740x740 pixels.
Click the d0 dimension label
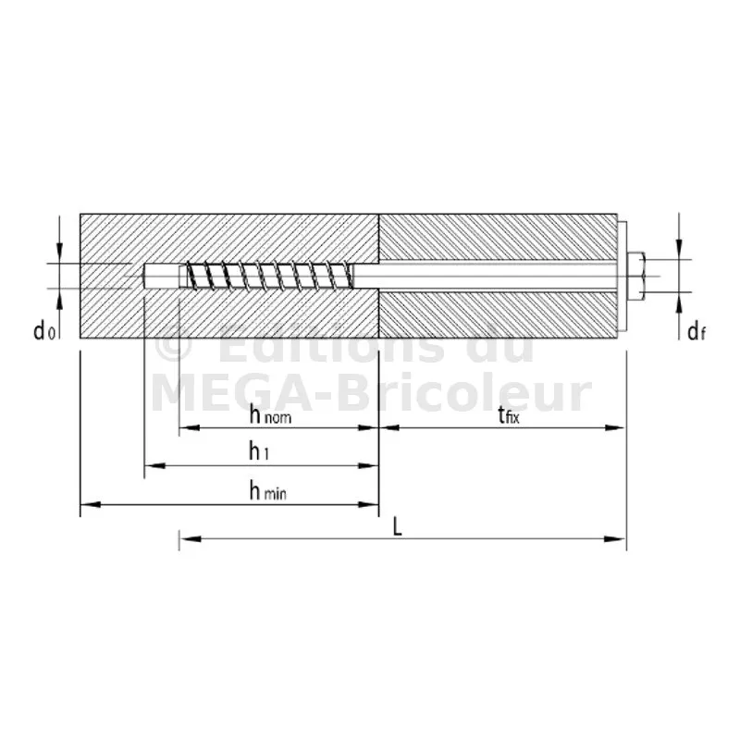44,331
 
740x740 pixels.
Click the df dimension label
697,332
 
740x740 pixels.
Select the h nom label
270,415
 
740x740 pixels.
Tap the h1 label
259,451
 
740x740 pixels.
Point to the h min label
267,491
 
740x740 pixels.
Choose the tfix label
508,415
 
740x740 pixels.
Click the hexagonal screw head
636,276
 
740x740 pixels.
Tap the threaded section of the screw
269,275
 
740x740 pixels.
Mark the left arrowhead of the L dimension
190,538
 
